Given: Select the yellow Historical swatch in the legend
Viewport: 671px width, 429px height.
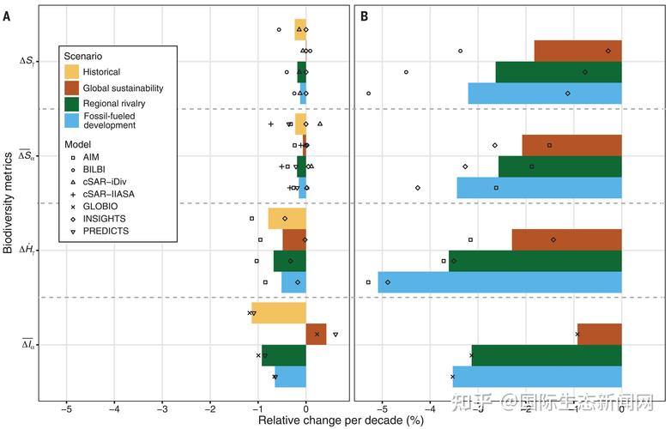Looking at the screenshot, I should tap(72, 72).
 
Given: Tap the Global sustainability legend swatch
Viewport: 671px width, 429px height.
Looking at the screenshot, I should tap(72, 88).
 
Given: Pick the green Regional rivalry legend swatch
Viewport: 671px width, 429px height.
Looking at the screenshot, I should tap(72, 104).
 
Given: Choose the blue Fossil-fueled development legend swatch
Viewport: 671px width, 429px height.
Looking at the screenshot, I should tap(72, 121).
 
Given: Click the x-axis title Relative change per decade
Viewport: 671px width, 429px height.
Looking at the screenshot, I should tap(341, 420).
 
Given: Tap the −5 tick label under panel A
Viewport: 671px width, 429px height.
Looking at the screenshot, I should tap(66, 409).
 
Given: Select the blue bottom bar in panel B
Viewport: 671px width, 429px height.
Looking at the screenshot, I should tap(537, 377).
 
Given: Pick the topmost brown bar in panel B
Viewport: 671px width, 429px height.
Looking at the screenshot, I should tap(577, 51).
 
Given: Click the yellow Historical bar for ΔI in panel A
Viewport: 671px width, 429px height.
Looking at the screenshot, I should tap(279, 312).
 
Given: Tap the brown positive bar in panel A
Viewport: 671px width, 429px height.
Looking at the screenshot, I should tap(316, 334).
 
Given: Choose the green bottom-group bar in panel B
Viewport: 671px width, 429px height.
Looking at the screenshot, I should tap(547, 355).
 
